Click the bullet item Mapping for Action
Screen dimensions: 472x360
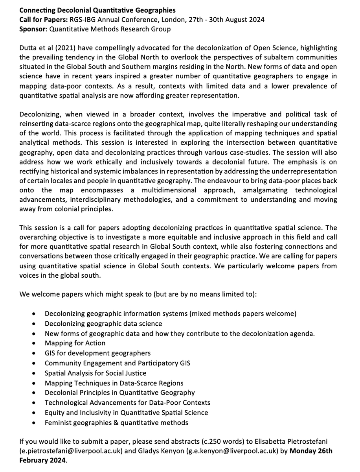[x=75, y=343]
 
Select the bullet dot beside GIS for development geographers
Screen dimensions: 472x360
[x=36, y=354]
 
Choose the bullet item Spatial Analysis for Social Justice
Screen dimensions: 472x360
[x=96, y=373]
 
